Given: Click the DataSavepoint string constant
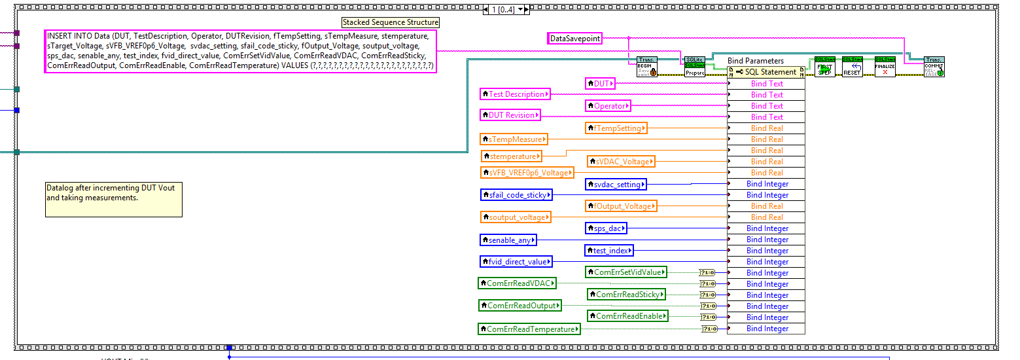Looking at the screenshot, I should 574,39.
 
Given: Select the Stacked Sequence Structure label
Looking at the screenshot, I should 391,22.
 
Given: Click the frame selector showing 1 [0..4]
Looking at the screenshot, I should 505,10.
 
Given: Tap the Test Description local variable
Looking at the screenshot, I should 515,94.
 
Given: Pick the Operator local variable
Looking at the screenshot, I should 608,105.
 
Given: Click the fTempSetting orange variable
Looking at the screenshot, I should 616,128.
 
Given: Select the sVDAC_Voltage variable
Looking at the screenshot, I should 621,161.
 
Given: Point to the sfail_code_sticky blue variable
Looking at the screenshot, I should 516,194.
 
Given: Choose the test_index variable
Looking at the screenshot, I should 608,251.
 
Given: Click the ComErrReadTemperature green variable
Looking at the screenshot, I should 529,329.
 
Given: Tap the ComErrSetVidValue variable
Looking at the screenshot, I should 625,272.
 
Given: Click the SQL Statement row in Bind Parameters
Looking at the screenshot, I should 766,72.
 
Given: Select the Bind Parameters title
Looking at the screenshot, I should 755,61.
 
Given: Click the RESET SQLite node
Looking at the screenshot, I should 851,67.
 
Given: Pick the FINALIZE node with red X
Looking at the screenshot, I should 885,67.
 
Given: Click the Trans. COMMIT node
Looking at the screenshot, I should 934,67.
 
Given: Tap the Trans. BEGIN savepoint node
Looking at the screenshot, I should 646,67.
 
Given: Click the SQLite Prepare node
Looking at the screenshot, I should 695,67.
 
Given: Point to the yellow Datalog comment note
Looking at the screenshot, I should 113,199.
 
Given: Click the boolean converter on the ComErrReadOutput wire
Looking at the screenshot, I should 708,306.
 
